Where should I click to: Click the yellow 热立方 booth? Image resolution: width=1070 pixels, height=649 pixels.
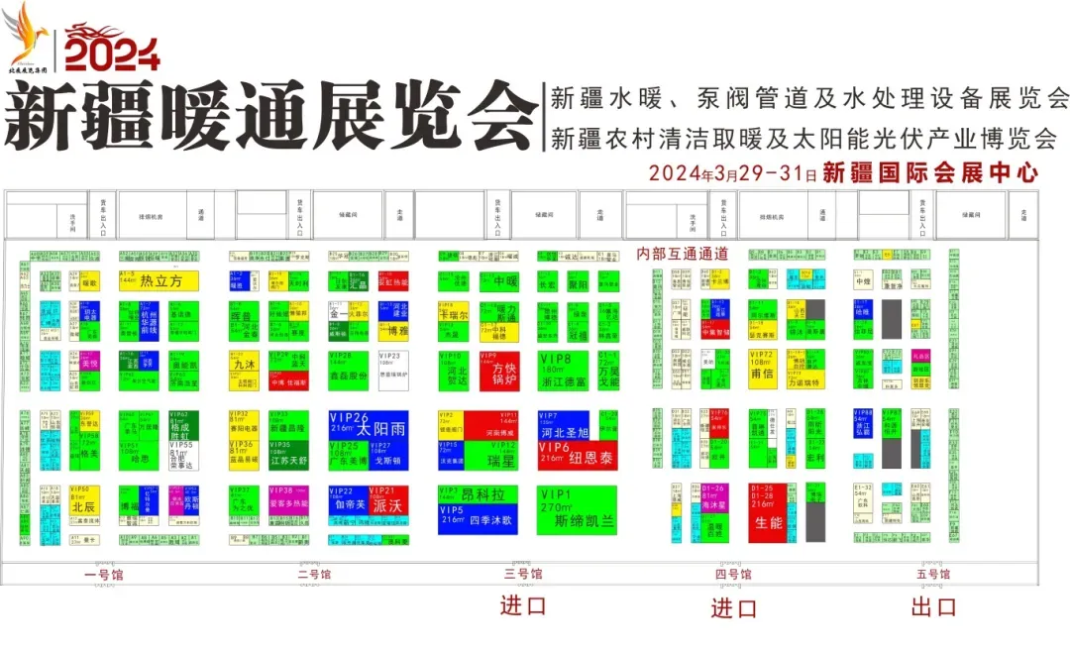pos(159,280)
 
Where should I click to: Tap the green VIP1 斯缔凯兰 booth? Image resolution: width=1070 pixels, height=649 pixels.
pos(577,509)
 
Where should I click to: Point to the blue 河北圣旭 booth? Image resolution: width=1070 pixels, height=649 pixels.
pos(563,425)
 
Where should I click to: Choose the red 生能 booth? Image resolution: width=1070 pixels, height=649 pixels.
pos(768,512)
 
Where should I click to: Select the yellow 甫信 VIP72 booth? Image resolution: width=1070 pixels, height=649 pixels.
pos(762,368)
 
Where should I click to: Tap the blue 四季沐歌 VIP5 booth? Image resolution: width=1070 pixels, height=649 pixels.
pos(479,518)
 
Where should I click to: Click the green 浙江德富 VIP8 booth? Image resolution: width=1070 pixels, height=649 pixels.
pos(563,368)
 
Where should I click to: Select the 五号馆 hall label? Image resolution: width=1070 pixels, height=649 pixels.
pos(933,575)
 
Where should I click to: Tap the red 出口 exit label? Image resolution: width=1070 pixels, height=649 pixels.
pos(933,607)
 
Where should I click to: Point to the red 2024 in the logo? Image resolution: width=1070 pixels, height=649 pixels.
pos(111,51)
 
